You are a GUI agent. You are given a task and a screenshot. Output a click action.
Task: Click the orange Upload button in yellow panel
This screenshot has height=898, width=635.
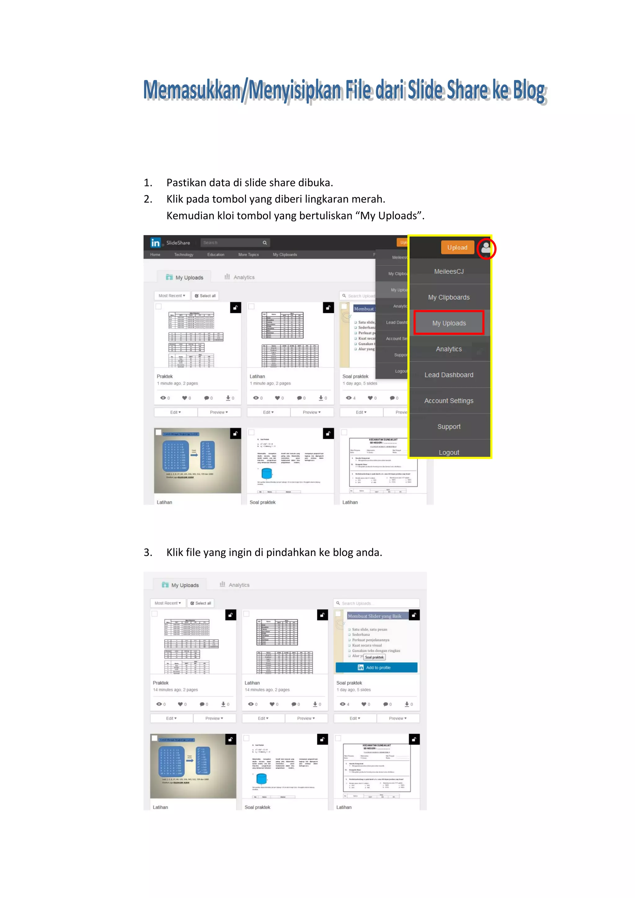click(457, 247)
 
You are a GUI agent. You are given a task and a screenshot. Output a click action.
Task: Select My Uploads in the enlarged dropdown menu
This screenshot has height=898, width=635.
click(449, 323)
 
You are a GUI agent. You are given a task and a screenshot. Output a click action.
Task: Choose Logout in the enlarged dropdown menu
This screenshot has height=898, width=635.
click(449, 452)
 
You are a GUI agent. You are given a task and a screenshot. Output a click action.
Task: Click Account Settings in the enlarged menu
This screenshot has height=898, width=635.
click(449, 401)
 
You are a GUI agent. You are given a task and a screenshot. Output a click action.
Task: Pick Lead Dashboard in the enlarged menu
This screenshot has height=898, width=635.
click(449, 375)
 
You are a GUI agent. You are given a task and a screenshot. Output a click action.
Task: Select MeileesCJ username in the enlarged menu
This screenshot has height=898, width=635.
click(449, 271)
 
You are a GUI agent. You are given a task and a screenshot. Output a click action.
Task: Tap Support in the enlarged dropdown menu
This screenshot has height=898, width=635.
click(449, 426)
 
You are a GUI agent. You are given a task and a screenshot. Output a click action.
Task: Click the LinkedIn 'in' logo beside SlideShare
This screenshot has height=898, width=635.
click(156, 243)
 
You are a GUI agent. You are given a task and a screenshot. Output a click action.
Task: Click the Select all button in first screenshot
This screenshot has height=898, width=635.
click(205, 296)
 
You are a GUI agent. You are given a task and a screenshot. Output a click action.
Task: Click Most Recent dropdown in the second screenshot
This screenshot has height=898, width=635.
click(168, 603)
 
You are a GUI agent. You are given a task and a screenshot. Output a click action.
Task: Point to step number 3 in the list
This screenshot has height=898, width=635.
click(148, 552)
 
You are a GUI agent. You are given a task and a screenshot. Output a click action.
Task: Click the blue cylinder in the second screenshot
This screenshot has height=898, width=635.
click(262, 779)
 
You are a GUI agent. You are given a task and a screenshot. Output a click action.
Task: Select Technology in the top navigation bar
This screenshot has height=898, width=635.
click(184, 255)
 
